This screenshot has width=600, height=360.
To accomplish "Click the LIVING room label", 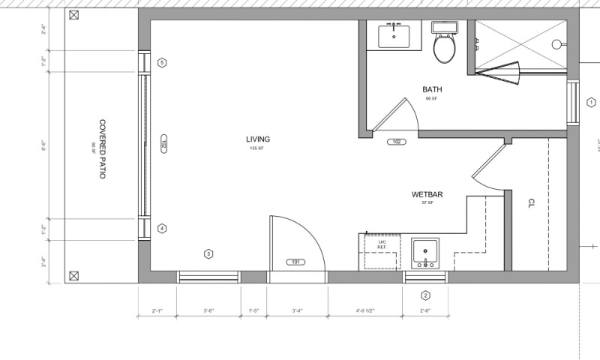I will click(x=257, y=139).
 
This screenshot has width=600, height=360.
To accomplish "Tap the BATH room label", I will click(x=432, y=89).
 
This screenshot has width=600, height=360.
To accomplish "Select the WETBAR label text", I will click(x=427, y=195).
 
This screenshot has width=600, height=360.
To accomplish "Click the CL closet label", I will click(x=530, y=202).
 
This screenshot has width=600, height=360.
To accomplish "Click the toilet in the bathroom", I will click(x=445, y=44).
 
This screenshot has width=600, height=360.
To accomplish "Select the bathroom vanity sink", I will click(x=394, y=34).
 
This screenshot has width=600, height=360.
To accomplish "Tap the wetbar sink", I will click(x=426, y=253).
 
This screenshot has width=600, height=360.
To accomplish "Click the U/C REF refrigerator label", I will click(x=381, y=244).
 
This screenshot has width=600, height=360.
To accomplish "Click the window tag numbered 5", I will click(x=162, y=62).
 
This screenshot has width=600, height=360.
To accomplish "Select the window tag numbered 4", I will click(x=162, y=229).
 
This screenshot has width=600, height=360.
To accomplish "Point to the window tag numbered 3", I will click(x=208, y=253).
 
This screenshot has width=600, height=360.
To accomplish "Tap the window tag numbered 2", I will click(x=425, y=295).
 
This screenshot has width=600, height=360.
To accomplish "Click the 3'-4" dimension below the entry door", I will click(x=297, y=310).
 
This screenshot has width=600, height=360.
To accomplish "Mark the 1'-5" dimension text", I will click(x=253, y=310).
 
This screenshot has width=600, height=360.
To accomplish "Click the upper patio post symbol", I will click(x=73, y=14).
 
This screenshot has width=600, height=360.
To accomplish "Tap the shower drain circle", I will click(x=556, y=44).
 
